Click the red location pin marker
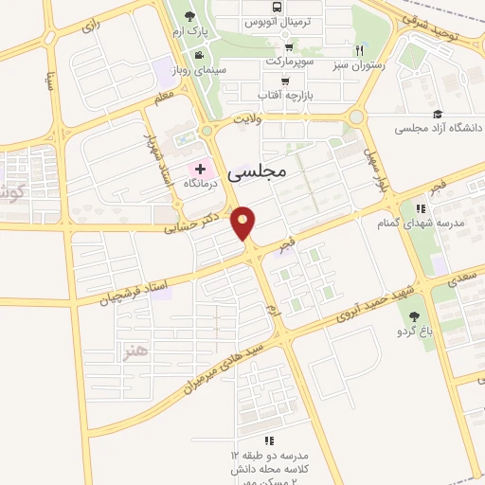coord(244,224)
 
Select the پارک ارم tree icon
coord(190,16)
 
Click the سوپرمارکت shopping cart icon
coord(289,46)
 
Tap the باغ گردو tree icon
coord(415,317)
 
